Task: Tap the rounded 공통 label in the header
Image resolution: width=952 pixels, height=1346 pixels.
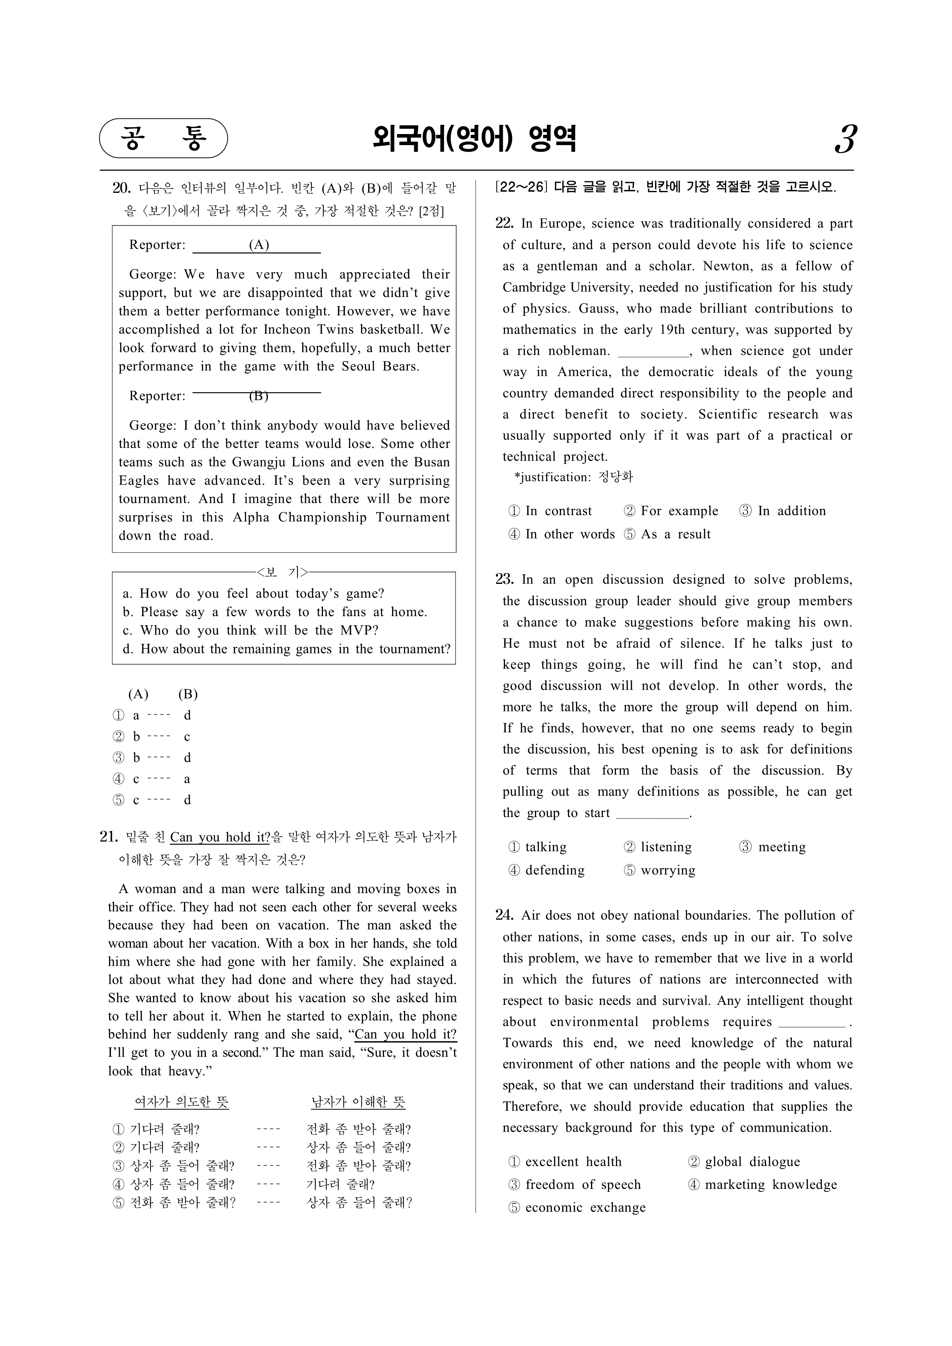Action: [164, 138]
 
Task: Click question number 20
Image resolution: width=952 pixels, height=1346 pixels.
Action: [121, 188]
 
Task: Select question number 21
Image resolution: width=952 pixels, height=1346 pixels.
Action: [109, 837]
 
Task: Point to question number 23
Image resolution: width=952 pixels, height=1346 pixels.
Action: [504, 580]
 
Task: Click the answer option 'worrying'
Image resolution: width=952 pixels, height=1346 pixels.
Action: [660, 870]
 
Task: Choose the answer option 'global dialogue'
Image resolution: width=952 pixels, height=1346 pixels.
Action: [745, 1162]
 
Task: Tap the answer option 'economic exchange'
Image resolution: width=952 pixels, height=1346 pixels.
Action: [578, 1208]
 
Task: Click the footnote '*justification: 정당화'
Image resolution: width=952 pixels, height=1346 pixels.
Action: [573, 477]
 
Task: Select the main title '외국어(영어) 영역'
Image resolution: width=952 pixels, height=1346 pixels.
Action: [475, 139]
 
